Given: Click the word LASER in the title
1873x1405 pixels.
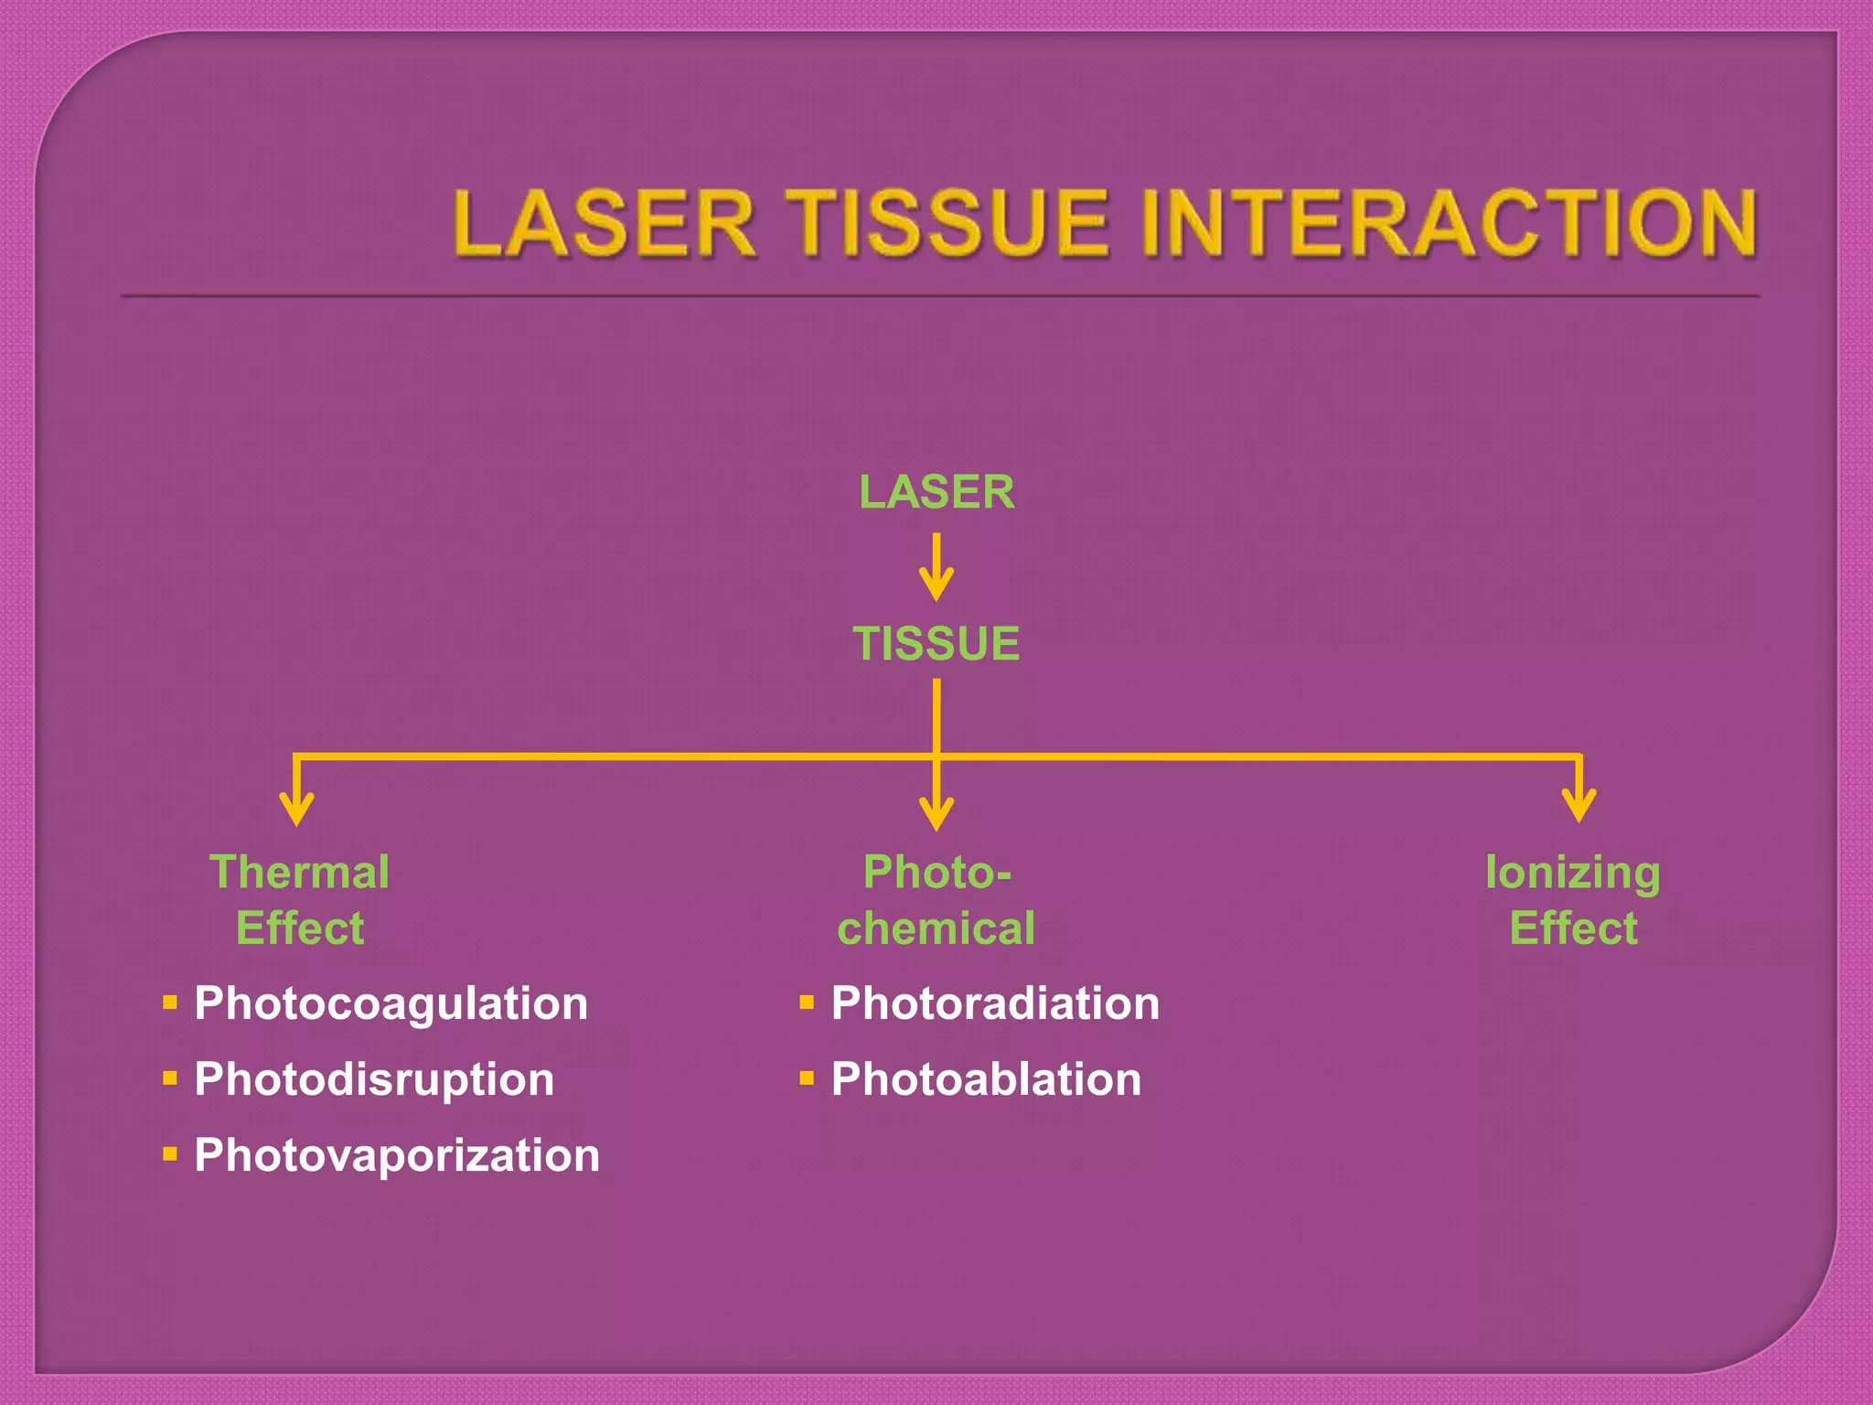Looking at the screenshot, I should tap(605, 223).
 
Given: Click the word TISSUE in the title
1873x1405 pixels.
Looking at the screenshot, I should tap(950, 223).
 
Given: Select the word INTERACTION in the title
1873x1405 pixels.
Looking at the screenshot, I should tap(1449, 223).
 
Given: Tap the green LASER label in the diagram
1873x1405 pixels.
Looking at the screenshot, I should tap(936, 492).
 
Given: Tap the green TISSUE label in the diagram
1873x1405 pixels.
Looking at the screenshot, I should tap(936, 643).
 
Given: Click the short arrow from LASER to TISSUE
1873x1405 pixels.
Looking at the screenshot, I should tap(936, 567).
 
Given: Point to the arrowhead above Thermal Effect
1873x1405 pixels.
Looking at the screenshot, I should tap(296, 809).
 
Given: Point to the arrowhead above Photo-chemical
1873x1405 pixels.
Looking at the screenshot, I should tap(936, 812).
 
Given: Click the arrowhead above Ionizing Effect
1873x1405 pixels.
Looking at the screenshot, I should tap(1579, 805).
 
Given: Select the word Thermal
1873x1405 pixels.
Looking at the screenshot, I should tap(299, 872).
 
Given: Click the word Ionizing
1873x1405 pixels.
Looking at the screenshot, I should tap(1572, 872).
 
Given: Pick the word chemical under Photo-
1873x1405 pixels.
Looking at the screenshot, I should tap(936, 928).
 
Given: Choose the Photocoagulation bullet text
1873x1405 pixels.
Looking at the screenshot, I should tap(391, 1003).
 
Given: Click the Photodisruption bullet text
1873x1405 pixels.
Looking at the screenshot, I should tap(374, 1079).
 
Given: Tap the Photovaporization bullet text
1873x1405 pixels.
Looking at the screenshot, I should tap(397, 1155).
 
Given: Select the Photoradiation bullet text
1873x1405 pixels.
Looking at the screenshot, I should tap(995, 1003).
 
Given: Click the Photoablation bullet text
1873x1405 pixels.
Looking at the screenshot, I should tap(986, 1079).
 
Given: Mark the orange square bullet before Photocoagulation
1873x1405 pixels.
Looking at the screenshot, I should tap(169, 1003).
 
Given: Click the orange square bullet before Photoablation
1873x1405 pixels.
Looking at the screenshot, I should tap(807, 1078).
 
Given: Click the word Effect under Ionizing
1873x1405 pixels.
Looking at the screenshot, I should tap(1573, 928).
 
